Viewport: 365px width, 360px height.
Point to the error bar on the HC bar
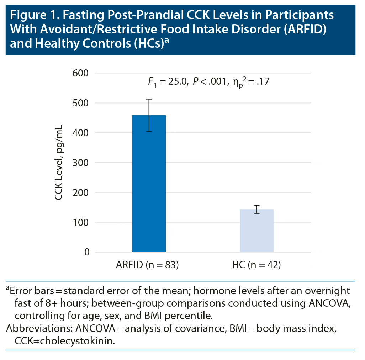coord(257,209)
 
